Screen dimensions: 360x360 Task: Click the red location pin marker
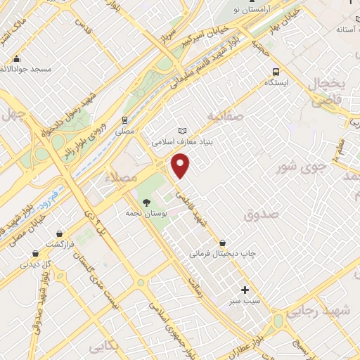coord(181,165)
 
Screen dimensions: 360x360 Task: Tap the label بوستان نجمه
coord(145,212)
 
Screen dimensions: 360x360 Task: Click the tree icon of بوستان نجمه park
coord(146,202)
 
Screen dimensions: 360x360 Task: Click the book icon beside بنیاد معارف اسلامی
coord(184,131)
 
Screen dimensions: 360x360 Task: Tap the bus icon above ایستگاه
coord(276,71)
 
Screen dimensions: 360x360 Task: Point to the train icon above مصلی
coord(124,120)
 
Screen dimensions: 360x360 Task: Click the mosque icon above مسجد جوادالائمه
coord(16,59)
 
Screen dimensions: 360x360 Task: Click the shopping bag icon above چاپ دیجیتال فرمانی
coord(223,243)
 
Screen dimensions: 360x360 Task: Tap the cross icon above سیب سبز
coord(245,290)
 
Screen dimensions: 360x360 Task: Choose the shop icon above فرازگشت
coord(60,234)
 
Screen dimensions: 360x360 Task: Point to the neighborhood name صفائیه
coord(226,113)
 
